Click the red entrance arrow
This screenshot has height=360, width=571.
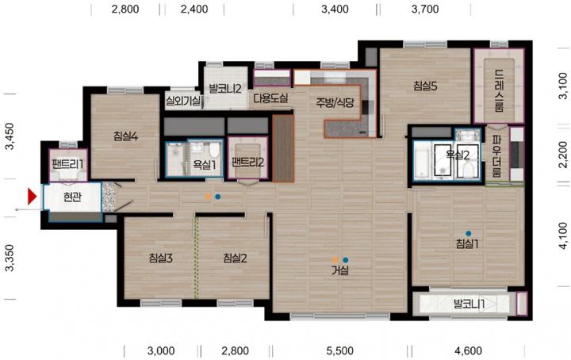pos(32,197)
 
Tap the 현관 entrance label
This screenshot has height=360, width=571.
pos(72,197)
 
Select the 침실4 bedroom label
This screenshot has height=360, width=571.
pos(125,136)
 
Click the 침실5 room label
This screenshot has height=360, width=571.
pos(425,86)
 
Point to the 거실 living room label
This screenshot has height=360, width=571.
pos(339,270)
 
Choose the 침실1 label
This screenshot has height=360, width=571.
pos(467,244)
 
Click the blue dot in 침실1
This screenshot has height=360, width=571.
pos(469,233)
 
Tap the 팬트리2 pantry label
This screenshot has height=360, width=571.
pos(247,162)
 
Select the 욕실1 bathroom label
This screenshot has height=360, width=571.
pos(205,165)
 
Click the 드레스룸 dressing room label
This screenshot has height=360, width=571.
pos(500,90)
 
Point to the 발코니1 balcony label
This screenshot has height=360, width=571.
pos(469,304)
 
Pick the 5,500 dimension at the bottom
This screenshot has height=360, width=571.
pos(339,351)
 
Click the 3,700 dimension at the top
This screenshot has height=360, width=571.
pos(425,9)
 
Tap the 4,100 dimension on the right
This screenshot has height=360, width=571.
pos(562,236)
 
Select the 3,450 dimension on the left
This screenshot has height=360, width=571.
pos(9,136)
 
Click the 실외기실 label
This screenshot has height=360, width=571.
pos(183,101)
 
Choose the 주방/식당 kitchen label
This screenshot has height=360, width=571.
pos(335,102)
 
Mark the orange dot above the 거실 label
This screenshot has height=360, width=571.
pos(335,260)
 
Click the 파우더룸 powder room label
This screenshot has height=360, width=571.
pos(496,156)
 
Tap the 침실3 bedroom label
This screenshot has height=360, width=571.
pos(160,258)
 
